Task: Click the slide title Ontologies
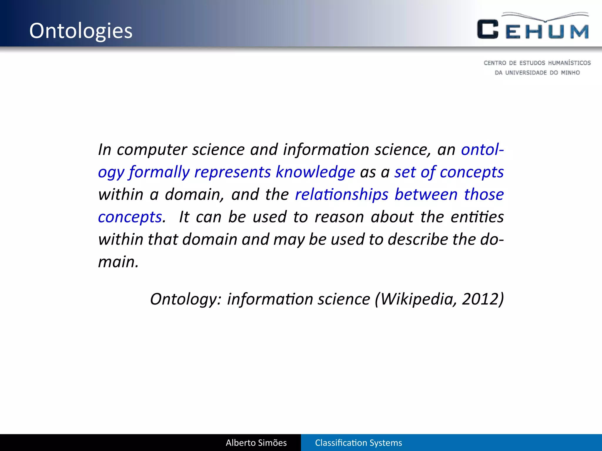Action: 81,31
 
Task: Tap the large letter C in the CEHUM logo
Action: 487,29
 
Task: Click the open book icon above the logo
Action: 545,17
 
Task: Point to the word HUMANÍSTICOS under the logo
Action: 569,63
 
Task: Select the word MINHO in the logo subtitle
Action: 570,73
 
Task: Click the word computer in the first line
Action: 152,150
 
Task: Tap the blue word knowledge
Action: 315,172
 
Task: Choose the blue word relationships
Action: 342,195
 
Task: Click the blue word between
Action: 426,195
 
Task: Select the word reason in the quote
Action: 339,217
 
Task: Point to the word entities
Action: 477,217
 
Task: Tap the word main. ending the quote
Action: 118,262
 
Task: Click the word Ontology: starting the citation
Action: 185,299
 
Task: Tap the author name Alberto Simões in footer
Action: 256,443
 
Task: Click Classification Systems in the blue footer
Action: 358,443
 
